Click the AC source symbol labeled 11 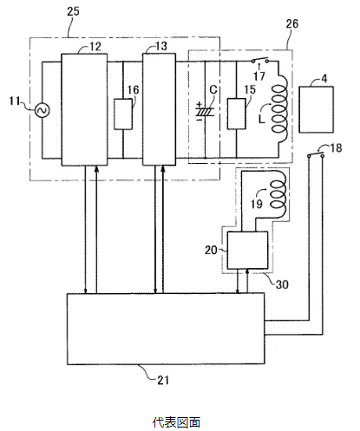coord(43,110)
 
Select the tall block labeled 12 coord(84,109)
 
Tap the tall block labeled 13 coord(160,109)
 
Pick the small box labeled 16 coord(123,114)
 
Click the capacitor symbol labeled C coord(206,112)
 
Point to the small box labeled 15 coord(237,114)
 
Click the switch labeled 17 coord(259,61)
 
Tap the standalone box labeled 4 coord(316,109)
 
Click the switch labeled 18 coord(316,153)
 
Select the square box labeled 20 coord(247,251)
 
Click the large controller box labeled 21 coord(166,329)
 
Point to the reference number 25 coord(73,11)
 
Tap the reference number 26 coord(292,23)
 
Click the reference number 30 coord(282,284)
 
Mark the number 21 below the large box coord(163,380)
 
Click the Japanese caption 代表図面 coord(176,422)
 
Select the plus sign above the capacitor coord(200,104)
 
